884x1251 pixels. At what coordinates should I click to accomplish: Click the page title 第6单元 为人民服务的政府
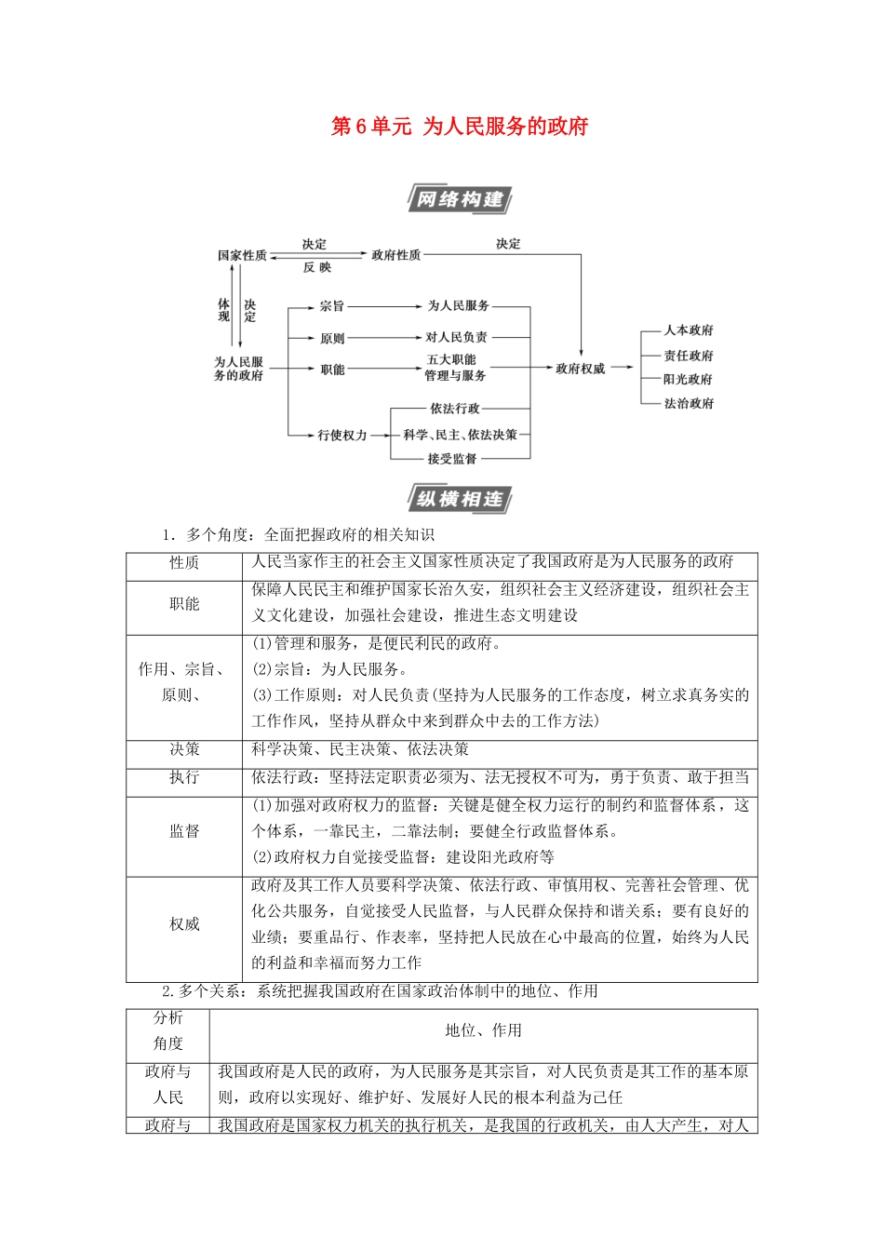pos(460,127)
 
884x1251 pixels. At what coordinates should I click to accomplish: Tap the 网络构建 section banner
pos(460,199)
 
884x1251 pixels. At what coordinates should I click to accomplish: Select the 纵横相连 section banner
pos(460,499)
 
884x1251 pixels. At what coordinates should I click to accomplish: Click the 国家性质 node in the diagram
pos(242,255)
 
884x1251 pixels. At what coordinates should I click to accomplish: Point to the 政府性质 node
pos(395,255)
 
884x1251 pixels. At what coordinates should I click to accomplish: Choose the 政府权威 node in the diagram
pos(580,369)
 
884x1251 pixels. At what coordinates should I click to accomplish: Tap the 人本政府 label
pos(689,330)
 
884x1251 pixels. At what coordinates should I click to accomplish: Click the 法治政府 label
pos(689,403)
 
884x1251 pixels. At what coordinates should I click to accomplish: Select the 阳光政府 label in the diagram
pos(689,379)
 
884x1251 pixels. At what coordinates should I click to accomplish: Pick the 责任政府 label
pos(689,355)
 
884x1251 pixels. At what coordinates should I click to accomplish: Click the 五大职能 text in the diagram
pos(451,359)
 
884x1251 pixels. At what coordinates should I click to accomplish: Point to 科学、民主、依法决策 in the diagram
pos(460,435)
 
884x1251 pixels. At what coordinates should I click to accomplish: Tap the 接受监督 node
pos(452,458)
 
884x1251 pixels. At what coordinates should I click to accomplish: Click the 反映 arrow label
pos(316,268)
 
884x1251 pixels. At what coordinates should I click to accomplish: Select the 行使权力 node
pos(342,435)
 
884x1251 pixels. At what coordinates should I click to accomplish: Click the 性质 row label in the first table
pos(184,563)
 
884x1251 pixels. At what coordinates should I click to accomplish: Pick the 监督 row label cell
pos(184,831)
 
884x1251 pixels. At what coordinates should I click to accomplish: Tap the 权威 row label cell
pos(184,924)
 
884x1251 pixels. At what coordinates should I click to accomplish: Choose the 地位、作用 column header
pos(483,1030)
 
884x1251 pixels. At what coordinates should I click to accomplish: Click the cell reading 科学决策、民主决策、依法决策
pos(360,749)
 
